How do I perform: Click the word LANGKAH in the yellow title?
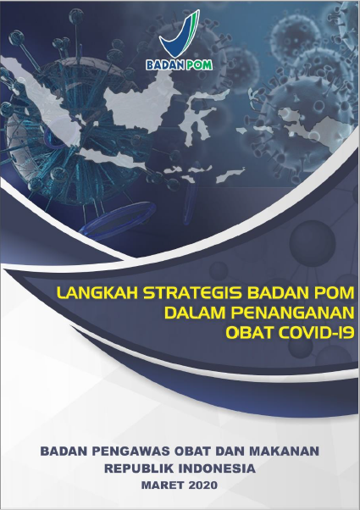97,293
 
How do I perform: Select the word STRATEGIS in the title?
192,293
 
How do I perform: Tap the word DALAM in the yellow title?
195,313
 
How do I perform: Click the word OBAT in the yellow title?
249,332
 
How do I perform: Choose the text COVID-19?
315,332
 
